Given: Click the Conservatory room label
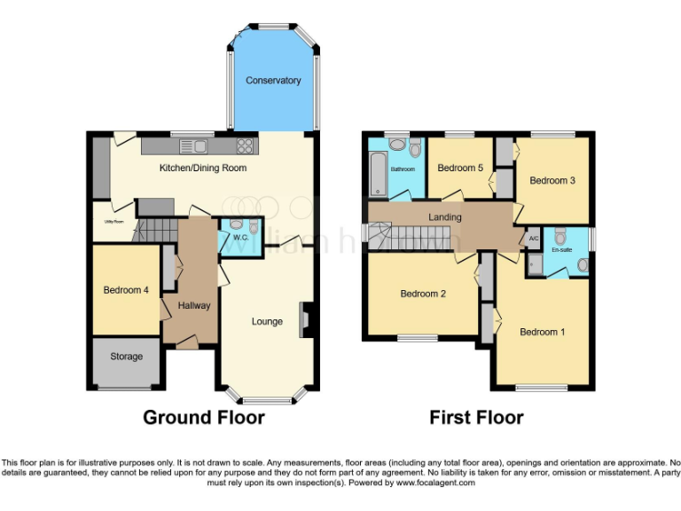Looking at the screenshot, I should point(273,81).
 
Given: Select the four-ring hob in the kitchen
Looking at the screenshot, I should point(246,146).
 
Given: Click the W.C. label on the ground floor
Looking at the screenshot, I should point(239,237).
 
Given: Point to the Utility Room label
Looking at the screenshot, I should point(113,222).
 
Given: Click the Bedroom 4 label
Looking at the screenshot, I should point(126,290).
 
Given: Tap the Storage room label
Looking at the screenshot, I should point(126,357).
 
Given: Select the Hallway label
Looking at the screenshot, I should point(193,306).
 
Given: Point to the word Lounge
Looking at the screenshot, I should point(267,321).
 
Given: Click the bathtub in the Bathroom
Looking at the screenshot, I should point(375,172).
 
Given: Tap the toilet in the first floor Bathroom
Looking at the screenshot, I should point(415,148).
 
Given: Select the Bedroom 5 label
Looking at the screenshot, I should point(460,168).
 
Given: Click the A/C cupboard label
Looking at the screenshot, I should point(534,239).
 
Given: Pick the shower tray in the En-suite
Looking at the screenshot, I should point(535,264).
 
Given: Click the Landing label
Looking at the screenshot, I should point(445,217).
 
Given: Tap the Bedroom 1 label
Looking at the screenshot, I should point(542,333).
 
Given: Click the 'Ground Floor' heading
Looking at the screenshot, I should point(204,417).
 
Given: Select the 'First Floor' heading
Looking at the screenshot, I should point(476,417).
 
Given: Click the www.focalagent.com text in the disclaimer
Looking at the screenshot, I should point(435,483).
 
